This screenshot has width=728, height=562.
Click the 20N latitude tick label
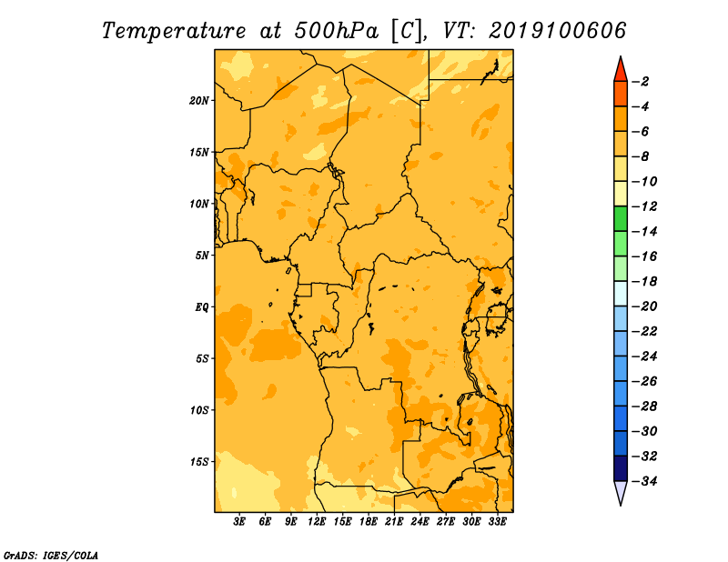(199, 101)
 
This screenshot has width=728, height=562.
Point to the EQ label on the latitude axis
(201, 307)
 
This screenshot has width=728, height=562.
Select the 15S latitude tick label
(199, 462)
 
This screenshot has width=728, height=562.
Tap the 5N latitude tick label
(202, 256)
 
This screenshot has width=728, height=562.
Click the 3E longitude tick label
(239, 522)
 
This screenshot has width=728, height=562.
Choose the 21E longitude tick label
(394, 522)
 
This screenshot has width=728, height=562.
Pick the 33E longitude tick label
(497, 522)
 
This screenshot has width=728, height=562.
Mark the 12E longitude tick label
(317, 522)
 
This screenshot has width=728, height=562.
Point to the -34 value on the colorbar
(644, 481)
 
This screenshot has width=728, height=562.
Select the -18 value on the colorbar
(644, 282)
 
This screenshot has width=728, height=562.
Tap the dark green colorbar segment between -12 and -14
(621, 219)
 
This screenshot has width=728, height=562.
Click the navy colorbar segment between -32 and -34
(621, 468)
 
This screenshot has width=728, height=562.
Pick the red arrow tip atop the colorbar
(621, 56)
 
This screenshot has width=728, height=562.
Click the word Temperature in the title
(174, 31)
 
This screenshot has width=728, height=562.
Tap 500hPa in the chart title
(336, 31)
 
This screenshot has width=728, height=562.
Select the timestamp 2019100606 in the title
(558, 31)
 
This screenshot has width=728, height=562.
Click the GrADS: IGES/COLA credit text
(51, 556)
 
